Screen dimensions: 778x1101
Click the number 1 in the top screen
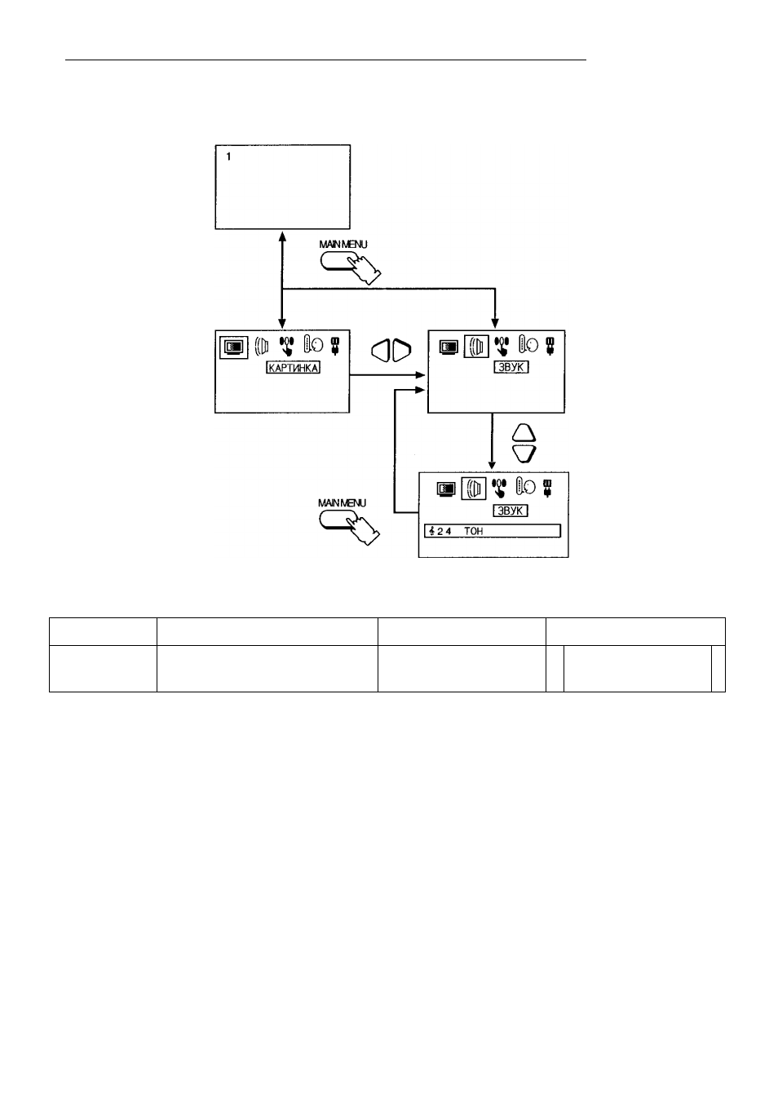coord(228,157)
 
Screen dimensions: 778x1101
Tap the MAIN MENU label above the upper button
coord(343,245)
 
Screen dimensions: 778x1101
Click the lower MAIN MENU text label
coord(342,503)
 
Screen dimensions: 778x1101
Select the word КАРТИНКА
coord(294,368)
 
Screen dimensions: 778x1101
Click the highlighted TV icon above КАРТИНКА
coord(233,347)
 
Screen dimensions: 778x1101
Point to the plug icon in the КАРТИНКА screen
coord(336,345)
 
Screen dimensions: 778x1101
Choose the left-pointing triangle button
coord(381,351)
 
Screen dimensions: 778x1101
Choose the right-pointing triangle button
coord(401,351)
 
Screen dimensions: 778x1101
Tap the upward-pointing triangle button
coord(524,433)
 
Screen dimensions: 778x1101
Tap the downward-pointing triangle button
coord(524,453)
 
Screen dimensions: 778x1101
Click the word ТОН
coord(473,531)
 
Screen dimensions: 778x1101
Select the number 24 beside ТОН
coord(444,531)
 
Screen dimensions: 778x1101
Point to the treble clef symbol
coord(432,531)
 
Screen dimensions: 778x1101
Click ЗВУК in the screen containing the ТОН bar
coord(511,511)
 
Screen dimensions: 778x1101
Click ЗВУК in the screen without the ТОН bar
coord(511,367)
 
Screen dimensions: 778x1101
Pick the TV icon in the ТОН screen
coord(446,489)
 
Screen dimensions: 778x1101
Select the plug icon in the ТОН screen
coord(547,488)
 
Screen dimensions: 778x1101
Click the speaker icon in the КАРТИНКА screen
coord(262,346)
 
